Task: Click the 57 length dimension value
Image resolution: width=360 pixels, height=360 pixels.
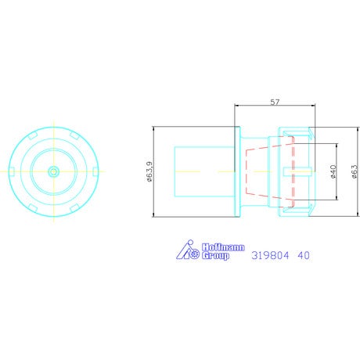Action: tap(275, 102)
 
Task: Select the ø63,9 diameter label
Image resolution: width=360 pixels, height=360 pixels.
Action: tap(149, 171)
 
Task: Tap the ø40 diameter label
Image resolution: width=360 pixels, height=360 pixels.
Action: tap(333, 171)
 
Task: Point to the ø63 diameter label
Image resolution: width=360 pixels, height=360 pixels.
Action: tap(355, 171)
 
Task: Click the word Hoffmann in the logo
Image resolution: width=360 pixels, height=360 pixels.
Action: tap(223, 247)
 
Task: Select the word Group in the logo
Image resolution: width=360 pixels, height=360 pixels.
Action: tap(215, 256)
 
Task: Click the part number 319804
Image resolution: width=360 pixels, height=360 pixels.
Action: tap(270, 255)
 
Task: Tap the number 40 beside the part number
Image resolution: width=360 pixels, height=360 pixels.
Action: tap(304, 255)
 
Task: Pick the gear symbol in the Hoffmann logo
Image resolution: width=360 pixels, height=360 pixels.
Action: tap(194, 254)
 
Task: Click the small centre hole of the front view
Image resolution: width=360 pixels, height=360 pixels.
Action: tap(54, 171)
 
